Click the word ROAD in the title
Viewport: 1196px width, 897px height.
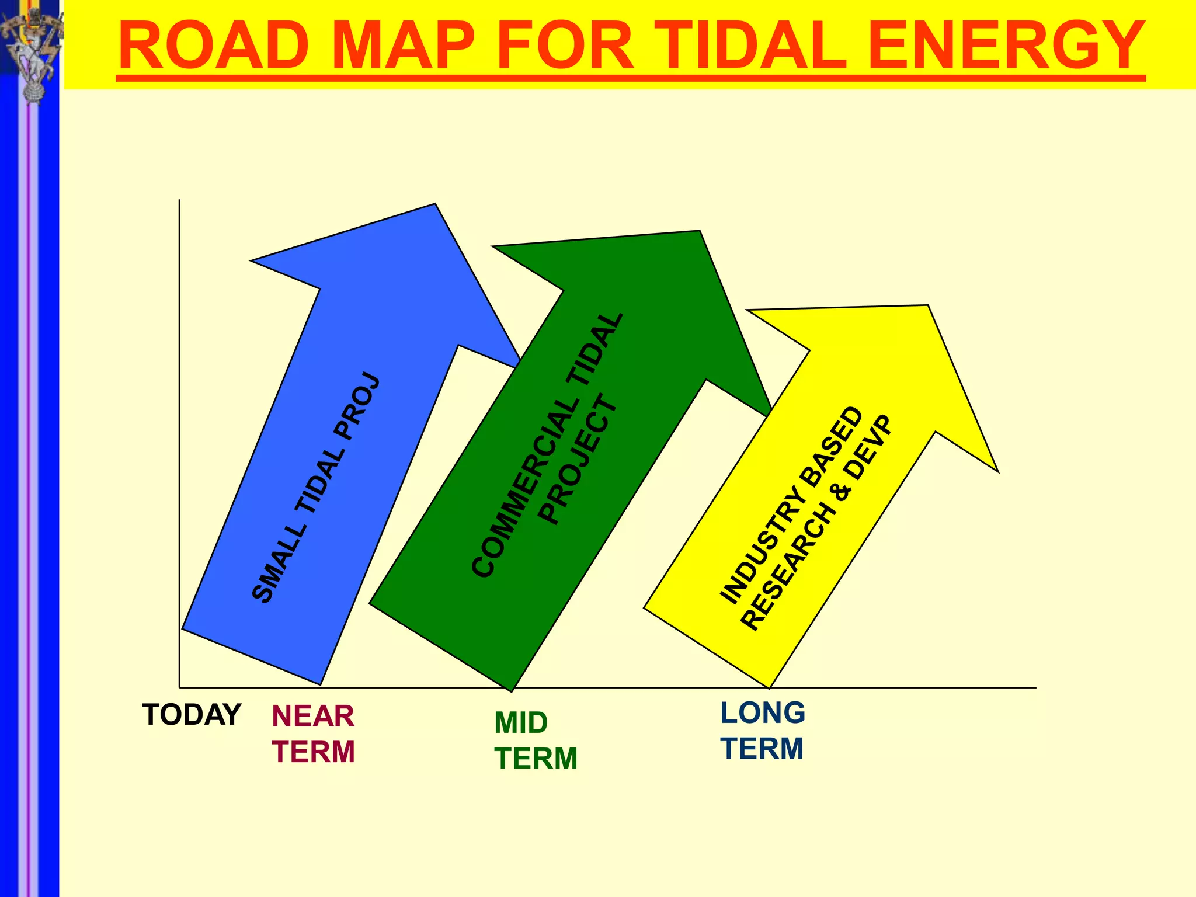pyautogui.click(x=214, y=46)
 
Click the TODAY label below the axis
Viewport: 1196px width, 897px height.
pyautogui.click(x=192, y=715)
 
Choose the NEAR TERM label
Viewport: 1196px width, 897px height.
pyautogui.click(x=313, y=734)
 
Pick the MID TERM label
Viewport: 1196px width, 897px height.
pyautogui.click(x=536, y=740)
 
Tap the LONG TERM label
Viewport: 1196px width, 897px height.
pyautogui.click(x=762, y=731)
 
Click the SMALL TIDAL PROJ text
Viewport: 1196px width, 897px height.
pyautogui.click(x=316, y=488)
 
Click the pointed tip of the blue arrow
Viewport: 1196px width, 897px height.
pyautogui.click(x=434, y=205)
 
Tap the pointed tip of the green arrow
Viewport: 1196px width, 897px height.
pyautogui.click(x=699, y=232)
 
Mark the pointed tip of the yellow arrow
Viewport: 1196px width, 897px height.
pyautogui.click(x=927, y=306)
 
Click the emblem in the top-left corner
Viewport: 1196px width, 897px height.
pyautogui.click(x=32, y=53)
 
